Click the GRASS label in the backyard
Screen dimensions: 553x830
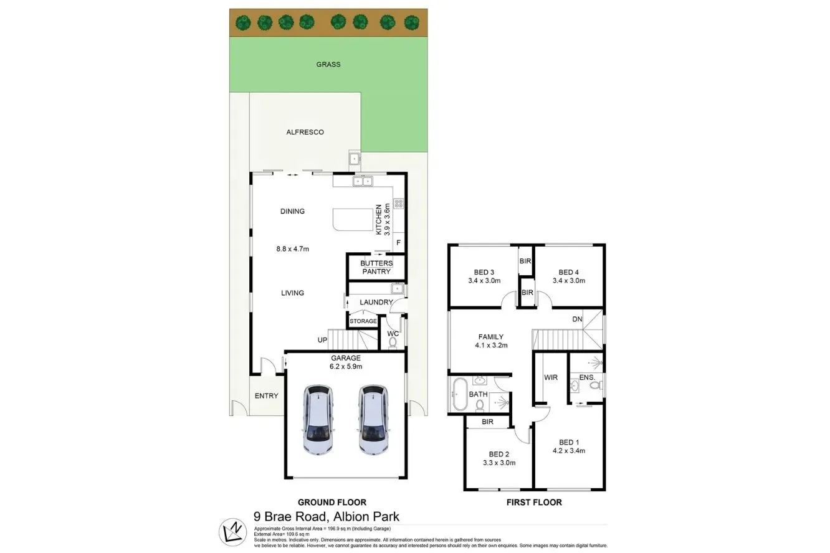pyautogui.click(x=328, y=64)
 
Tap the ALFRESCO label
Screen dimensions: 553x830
pyautogui.click(x=305, y=132)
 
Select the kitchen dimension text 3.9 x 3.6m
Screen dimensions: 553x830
pyautogui.click(x=386, y=219)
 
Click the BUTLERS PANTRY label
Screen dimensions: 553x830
pyautogui.click(x=376, y=267)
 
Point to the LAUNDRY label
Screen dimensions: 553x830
pyautogui.click(x=376, y=303)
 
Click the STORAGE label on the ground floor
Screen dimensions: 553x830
pyautogui.click(x=363, y=321)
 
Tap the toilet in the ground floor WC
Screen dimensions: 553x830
pyautogui.click(x=393, y=341)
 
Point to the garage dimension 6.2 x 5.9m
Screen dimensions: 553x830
pyautogui.click(x=346, y=366)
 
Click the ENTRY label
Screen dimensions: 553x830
pyautogui.click(x=267, y=395)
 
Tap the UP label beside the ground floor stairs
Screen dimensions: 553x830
pyautogui.click(x=322, y=340)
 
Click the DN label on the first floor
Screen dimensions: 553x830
pyautogui.click(x=578, y=320)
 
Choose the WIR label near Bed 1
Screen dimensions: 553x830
pyautogui.click(x=551, y=377)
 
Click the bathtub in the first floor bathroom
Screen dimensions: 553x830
pyautogui.click(x=460, y=394)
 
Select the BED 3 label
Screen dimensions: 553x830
pyautogui.click(x=484, y=272)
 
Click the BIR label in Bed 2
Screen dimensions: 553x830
pyautogui.click(x=487, y=422)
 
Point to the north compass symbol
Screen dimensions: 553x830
pyautogui.click(x=233, y=531)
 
